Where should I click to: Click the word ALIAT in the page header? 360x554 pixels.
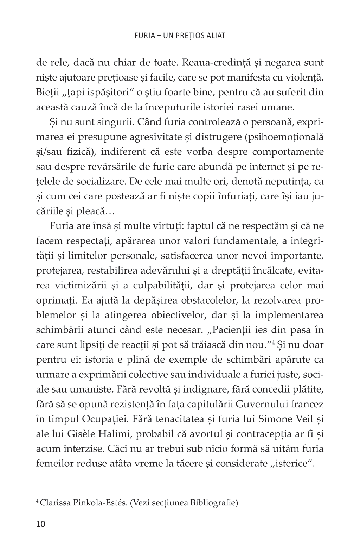(215, 36)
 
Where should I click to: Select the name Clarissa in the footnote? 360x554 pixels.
(55, 503)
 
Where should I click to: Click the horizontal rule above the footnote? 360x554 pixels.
(71, 494)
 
